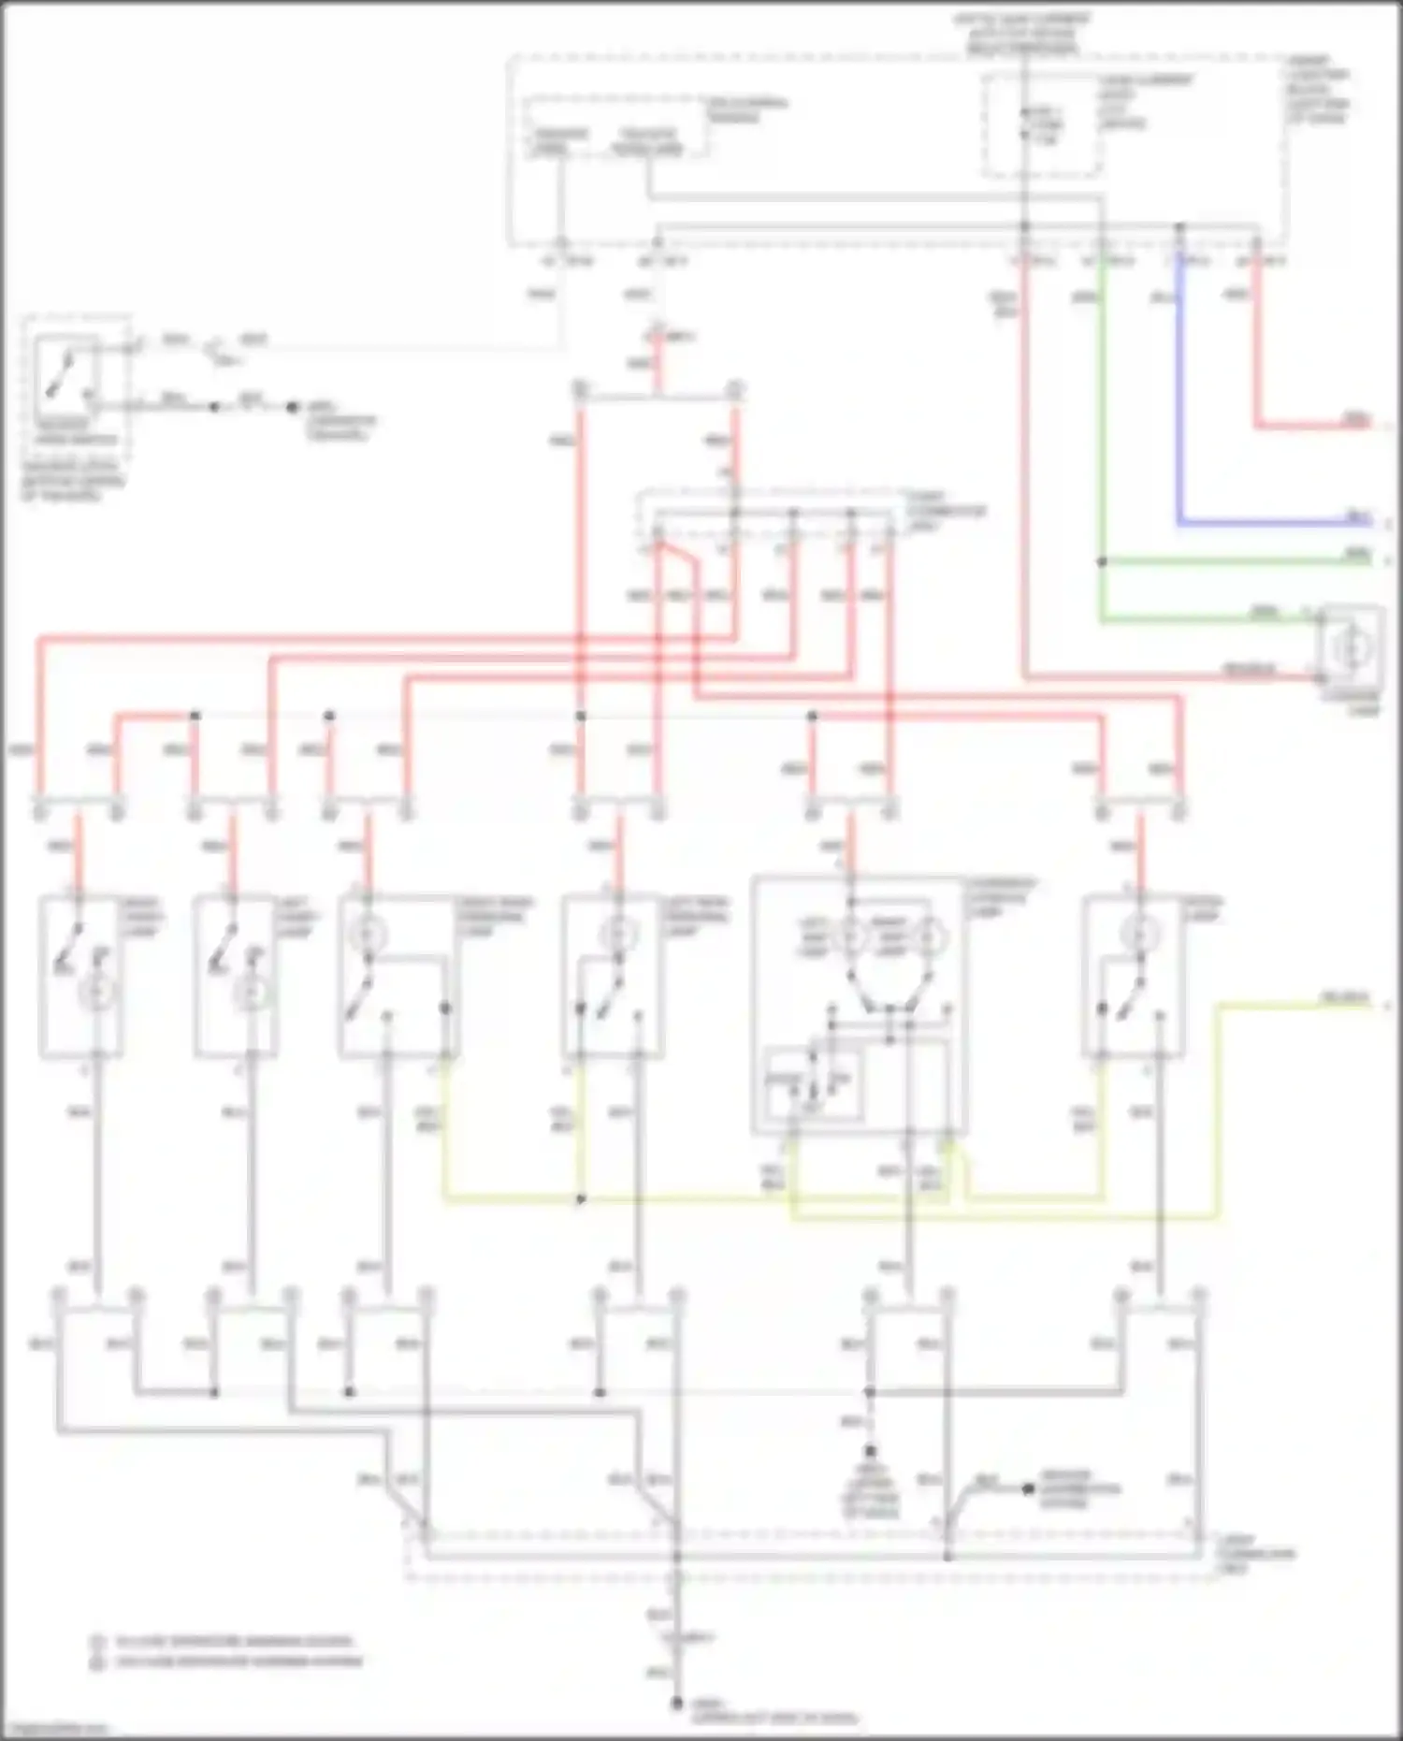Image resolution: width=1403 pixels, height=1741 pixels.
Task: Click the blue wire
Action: pos(1179,393)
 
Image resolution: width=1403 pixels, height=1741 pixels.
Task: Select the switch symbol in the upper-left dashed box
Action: pos(65,373)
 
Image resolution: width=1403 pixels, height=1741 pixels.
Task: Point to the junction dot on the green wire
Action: pos(1102,562)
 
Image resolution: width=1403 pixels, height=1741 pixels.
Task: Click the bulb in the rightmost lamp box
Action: pos(1136,933)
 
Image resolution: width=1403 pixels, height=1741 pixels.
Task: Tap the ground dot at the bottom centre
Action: pos(675,1704)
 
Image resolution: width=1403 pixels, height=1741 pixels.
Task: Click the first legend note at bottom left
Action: pos(224,1641)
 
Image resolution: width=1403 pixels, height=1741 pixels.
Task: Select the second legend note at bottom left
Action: pos(229,1661)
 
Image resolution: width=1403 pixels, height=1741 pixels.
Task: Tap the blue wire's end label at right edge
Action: pos(1357,515)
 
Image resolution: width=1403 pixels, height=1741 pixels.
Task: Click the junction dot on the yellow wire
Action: pos(581,1199)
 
